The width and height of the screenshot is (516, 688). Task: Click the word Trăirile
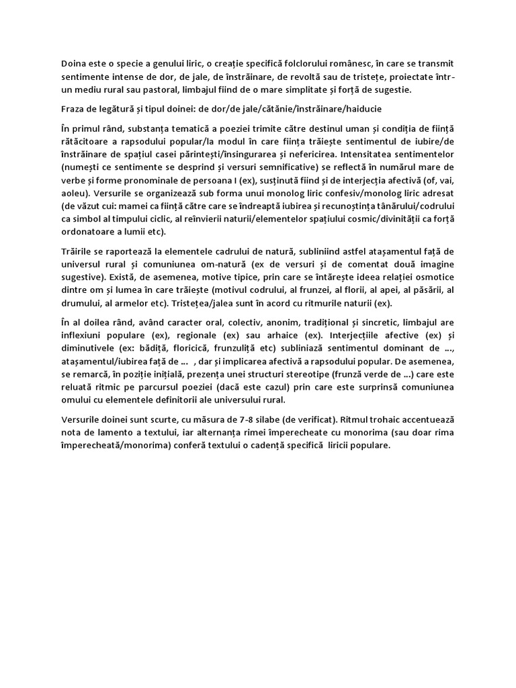point(77,251)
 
